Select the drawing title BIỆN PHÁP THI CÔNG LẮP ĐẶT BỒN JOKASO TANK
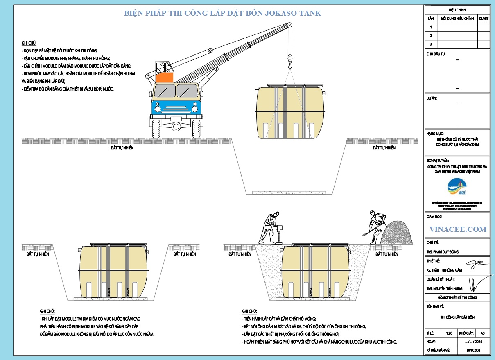[222, 13]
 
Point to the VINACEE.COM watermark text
[458, 229]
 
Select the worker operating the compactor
[270, 227]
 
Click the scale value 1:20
[449, 333]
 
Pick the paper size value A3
[482, 333]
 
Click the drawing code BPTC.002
[473, 350]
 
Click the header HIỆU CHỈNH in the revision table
[457, 10]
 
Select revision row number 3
[431, 44]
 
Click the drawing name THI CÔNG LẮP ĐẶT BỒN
[457, 317]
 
